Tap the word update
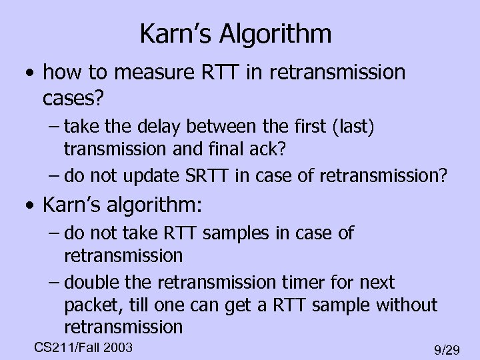coord(142,177)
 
